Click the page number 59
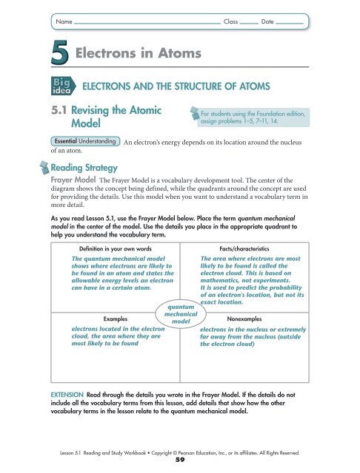pos(180,459)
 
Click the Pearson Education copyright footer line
pos(180,449)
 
